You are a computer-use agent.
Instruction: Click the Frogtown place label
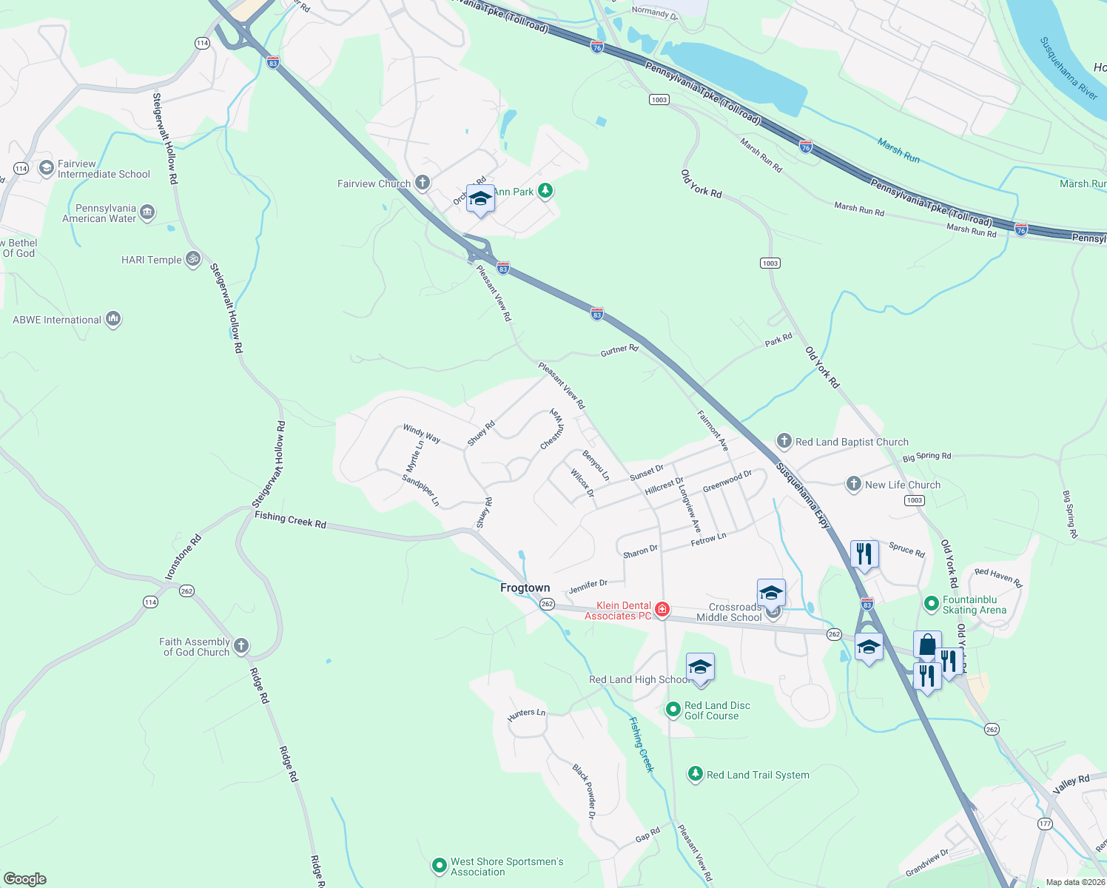[525, 588]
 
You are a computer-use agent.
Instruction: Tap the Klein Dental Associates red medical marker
[662, 610]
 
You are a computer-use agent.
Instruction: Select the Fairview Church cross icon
[423, 183]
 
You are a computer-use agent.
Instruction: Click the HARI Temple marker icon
[193, 259]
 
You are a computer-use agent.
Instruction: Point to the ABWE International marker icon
[113, 319]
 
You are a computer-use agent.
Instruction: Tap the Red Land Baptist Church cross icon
[784, 442]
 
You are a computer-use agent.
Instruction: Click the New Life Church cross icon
[854, 484]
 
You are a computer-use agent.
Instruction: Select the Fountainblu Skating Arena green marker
[932, 604]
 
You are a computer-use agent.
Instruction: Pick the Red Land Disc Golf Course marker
[673, 710]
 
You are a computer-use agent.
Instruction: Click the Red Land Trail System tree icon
[695, 774]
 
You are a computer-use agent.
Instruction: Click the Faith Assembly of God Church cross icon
[241, 646]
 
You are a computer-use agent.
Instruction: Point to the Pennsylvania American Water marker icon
[147, 213]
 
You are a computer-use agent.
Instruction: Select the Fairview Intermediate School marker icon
[47, 169]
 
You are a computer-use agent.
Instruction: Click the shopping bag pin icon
[927, 645]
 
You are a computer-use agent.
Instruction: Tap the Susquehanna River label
[1068, 69]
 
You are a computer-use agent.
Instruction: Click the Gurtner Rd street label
[619, 349]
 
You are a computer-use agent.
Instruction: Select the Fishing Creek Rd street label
[290, 519]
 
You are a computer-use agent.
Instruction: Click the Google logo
[24, 878]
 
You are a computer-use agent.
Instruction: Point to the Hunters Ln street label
[526, 714]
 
